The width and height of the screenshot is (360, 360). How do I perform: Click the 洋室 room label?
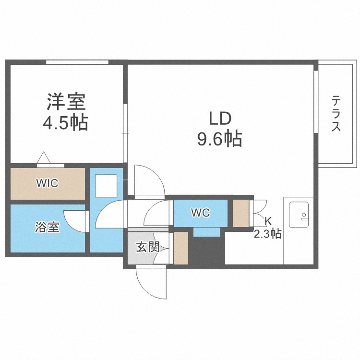pos(66,102)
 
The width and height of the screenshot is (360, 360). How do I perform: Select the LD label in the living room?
pos(220,119)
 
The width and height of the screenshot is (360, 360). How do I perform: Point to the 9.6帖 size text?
pos(220,138)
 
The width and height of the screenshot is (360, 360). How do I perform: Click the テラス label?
pos(336,113)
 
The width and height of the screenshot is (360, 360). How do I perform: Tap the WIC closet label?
pos(48,183)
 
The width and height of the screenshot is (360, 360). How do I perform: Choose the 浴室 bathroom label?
pos(48,228)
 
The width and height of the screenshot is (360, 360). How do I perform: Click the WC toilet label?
pos(201,213)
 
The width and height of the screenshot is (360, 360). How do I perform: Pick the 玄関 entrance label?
pos(148,247)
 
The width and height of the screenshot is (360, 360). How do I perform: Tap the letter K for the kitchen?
pos(268,221)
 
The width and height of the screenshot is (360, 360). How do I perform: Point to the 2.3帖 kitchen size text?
pos(267,234)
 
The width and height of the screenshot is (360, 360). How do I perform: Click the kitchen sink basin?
pos(299,215)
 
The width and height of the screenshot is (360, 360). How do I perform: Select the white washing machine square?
pos(106,186)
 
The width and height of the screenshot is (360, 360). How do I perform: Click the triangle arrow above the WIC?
pos(44,157)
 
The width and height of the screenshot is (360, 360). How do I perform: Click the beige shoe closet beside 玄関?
pos(181,248)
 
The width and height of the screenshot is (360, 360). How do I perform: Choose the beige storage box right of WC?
pos(241,213)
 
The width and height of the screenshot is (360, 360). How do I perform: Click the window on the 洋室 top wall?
pos(77,62)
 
